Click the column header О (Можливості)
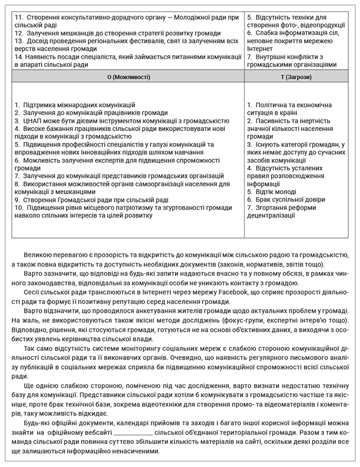128,76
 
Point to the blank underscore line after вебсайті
133,433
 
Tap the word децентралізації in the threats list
274,215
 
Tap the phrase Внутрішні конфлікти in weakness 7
289,57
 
